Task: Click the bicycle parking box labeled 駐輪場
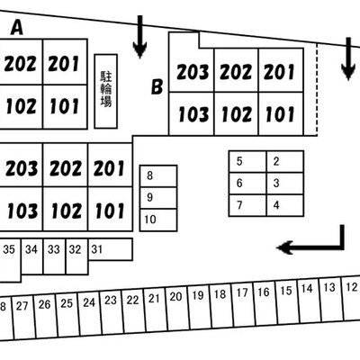coord(106,91)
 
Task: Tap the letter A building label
coord(17,28)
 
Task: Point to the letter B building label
coord(157,86)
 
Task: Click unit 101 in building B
coord(281,113)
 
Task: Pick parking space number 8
coord(158,176)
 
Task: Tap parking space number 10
coord(158,220)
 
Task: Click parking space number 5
coord(247,162)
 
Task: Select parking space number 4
coord(285,205)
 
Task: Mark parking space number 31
coord(111,249)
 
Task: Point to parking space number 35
coord(10,260)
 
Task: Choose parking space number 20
coord(177,309)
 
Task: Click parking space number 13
coord(331,300)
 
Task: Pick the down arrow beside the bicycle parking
coord(139,37)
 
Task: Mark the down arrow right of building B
coord(348,58)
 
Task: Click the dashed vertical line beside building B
coord(317,89)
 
